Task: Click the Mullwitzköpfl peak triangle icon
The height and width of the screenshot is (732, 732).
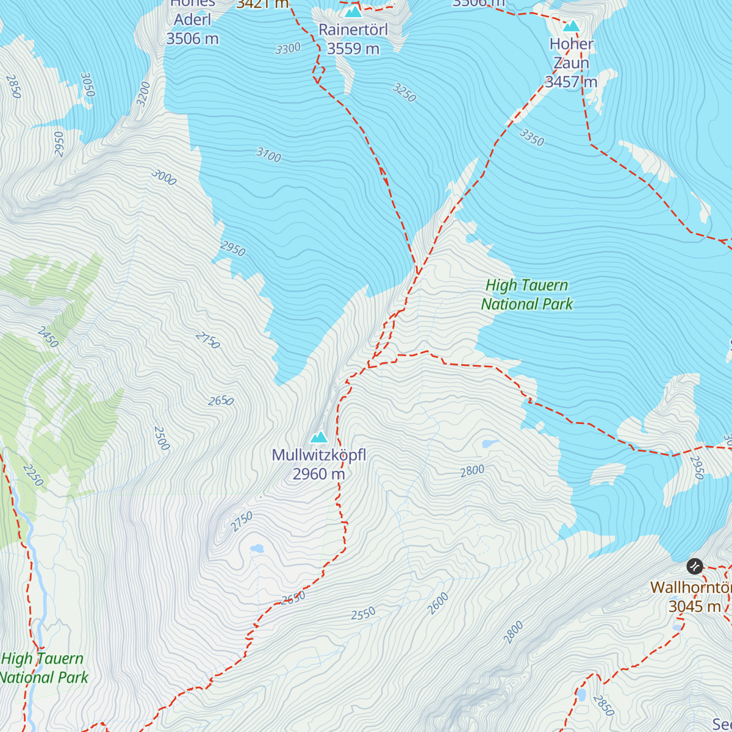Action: [x=319, y=437]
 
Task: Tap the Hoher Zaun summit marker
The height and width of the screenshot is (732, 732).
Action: [x=571, y=26]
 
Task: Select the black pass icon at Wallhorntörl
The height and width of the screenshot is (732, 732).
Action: [x=694, y=566]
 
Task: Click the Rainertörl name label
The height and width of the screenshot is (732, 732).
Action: [x=353, y=29]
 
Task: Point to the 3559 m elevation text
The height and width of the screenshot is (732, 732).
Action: [x=353, y=49]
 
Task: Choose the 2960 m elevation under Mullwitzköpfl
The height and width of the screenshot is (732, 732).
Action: [x=318, y=474]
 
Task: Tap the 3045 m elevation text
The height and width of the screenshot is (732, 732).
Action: [x=694, y=606]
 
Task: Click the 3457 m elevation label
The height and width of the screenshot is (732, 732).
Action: [x=571, y=82]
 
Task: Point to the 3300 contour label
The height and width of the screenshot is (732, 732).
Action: [x=288, y=48]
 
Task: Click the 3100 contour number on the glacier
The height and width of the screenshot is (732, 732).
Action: [x=268, y=155]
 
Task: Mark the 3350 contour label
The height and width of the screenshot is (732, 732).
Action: [x=531, y=137]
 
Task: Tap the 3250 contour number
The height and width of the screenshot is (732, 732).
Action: [x=404, y=93]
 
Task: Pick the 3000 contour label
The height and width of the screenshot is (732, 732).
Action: [x=163, y=178]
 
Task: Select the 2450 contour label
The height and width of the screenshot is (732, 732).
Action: [x=48, y=337]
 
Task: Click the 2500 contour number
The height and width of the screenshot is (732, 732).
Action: [x=162, y=438]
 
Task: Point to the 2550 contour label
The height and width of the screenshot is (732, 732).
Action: [x=364, y=614]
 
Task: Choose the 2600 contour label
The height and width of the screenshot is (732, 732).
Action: [x=438, y=603]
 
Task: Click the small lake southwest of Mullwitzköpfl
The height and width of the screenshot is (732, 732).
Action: [x=257, y=549]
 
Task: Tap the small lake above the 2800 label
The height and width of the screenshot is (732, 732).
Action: [x=489, y=443]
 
